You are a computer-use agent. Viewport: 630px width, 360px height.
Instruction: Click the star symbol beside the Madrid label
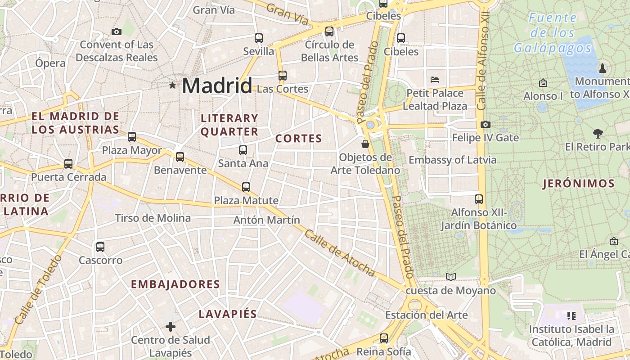click(x=172, y=85)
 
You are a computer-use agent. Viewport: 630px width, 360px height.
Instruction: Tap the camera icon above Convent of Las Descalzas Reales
click(x=117, y=31)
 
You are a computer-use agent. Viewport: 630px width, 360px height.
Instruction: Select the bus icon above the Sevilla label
click(x=258, y=38)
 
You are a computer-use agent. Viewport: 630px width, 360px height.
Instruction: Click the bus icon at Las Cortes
click(x=282, y=76)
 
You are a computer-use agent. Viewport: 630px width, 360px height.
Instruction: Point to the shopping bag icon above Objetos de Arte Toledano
click(x=365, y=144)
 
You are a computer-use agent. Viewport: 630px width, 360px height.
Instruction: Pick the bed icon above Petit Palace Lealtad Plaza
click(x=435, y=80)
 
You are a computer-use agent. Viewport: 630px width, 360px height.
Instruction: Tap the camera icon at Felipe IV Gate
click(x=485, y=124)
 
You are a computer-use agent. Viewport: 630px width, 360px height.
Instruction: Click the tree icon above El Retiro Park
click(x=598, y=133)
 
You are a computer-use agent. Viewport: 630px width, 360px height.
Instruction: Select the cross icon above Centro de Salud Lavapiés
click(x=170, y=326)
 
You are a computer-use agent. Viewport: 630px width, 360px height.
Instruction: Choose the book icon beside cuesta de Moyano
click(x=451, y=277)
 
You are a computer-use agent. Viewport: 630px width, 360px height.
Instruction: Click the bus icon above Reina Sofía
click(x=383, y=338)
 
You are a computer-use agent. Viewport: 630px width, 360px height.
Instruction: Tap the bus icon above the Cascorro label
click(x=100, y=247)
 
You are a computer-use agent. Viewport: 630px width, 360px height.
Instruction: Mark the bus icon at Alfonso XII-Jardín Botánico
click(x=479, y=199)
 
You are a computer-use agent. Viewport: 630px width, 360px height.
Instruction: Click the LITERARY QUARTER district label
click(x=229, y=125)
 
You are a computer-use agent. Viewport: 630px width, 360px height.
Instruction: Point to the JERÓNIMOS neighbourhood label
click(x=579, y=184)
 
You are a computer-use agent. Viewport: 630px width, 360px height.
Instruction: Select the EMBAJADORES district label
click(x=175, y=284)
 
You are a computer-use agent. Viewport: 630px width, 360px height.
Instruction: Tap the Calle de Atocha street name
click(x=339, y=253)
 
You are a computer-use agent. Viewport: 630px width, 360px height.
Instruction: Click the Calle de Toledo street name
click(x=38, y=290)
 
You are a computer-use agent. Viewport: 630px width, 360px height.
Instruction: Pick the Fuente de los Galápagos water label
click(x=553, y=32)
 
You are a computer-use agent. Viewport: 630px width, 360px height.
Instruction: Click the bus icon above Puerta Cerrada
click(x=68, y=164)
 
